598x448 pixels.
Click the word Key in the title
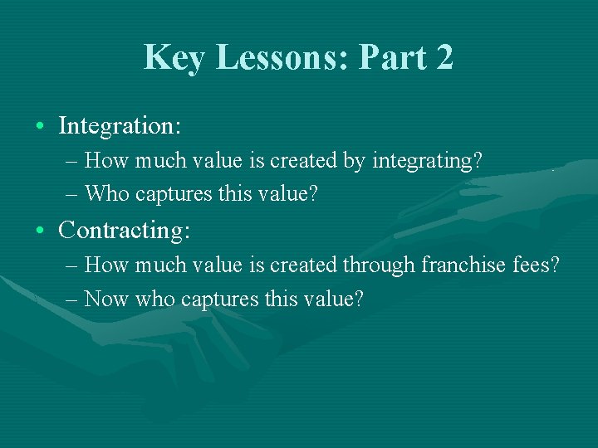tap(172, 57)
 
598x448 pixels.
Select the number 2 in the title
tap(444, 57)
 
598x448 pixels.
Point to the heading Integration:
tap(120, 126)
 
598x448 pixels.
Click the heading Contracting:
tap(125, 230)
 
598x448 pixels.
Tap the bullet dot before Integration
tap(41, 127)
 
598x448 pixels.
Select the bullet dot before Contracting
tap(41, 231)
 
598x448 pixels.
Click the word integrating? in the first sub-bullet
tap(427, 161)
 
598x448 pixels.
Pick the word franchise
tap(461, 265)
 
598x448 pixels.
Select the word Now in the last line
tap(105, 299)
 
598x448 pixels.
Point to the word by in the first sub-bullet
tap(354, 161)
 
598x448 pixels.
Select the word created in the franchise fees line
tap(310, 265)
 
